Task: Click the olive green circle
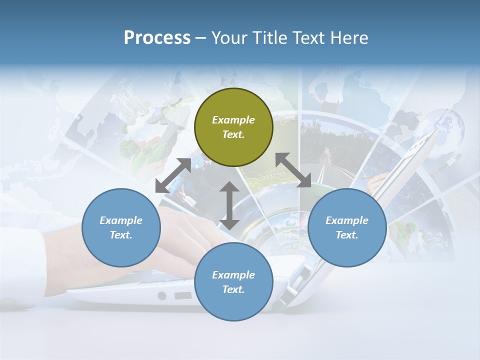point(233,127)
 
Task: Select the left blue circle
point(121,227)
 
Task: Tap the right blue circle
point(347,227)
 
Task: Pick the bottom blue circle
point(233,282)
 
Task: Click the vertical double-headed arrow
point(229,205)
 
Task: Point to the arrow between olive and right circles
point(293,170)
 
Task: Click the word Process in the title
point(157,38)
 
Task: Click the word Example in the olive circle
point(233,120)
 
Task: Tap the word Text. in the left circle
point(121,235)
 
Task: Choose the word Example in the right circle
point(347,220)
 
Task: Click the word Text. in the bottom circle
point(233,289)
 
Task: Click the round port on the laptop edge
point(161,296)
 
